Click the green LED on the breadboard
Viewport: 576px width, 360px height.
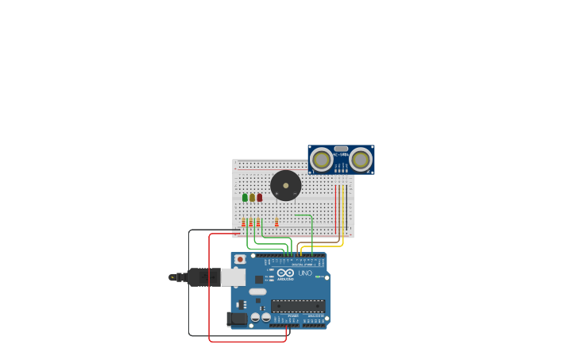[245, 197]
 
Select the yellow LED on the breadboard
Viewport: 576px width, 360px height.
[252, 197]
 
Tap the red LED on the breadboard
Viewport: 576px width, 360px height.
[259, 197]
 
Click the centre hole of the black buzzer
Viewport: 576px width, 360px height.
[285, 186]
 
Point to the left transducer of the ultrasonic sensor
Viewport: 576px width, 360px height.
[322, 160]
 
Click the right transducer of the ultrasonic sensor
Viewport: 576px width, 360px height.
[361, 160]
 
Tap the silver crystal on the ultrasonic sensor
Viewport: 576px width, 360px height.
[341, 149]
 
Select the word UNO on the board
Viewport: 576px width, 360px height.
[305, 273]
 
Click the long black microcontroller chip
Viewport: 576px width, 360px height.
[298, 306]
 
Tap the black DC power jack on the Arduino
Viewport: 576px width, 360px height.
[237, 319]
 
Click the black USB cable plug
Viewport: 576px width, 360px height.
[203, 277]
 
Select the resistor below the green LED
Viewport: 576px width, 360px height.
[244, 223]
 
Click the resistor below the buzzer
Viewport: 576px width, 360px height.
[276, 223]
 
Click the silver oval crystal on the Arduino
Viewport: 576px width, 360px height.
[257, 292]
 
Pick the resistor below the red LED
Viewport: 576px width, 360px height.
[258, 223]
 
